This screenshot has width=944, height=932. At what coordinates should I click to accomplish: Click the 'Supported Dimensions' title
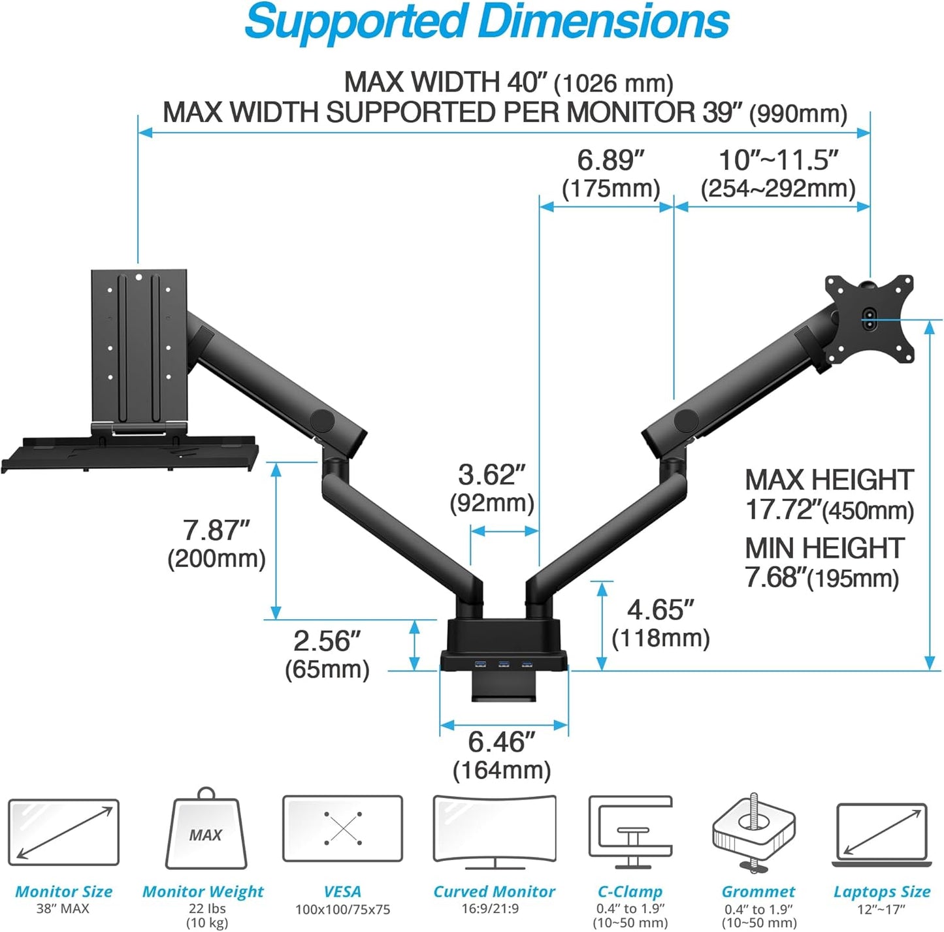(487, 23)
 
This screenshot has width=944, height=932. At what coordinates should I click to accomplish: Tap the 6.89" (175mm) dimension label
(611, 174)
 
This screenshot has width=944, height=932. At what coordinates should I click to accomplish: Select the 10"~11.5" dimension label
(777, 174)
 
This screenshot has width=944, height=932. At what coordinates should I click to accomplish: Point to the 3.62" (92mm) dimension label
(492, 489)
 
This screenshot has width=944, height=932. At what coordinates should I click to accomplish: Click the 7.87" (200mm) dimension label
(216, 544)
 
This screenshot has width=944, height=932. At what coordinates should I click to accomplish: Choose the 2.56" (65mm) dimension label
(327, 654)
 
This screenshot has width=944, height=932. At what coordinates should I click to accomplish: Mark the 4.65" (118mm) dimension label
(660, 623)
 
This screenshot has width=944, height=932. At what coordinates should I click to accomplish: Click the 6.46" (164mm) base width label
(502, 756)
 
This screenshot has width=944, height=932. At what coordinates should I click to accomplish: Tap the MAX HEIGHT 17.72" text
(829, 494)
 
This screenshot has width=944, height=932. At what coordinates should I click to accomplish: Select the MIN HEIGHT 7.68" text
(824, 562)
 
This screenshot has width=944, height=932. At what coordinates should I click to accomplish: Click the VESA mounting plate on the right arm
(870, 319)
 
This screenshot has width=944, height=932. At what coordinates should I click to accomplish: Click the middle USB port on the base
(504, 665)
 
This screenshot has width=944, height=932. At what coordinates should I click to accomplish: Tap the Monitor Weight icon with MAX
(206, 831)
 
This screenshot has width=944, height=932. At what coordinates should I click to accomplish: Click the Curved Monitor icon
(495, 831)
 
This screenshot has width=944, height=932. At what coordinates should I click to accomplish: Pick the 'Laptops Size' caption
(881, 892)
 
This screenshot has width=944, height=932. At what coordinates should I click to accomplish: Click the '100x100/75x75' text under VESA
(342, 909)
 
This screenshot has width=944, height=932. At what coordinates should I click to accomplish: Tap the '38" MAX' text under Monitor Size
(63, 908)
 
